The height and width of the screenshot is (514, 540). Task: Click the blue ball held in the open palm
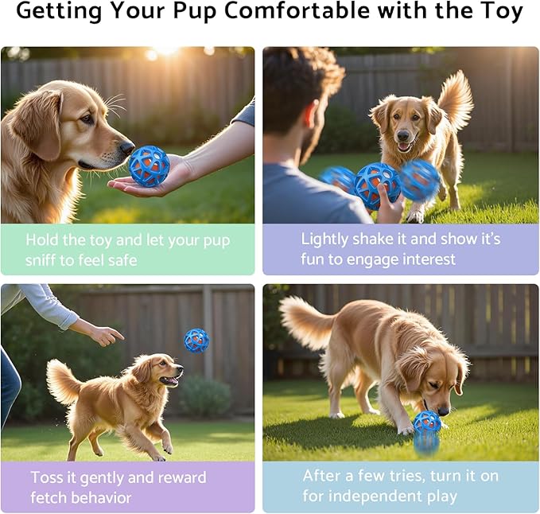[150, 165]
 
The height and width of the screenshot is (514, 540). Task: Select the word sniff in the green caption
[45, 260]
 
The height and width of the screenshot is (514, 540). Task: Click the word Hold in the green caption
[45, 239]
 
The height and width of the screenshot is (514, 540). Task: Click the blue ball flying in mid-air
[196, 340]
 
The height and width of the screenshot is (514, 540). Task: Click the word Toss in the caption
[49, 477]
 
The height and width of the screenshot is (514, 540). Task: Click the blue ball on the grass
[427, 422]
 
